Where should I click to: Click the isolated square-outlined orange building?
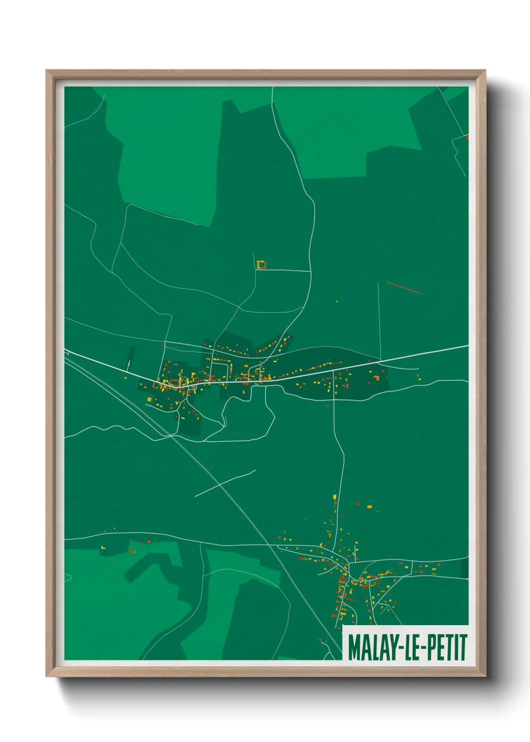[260, 264]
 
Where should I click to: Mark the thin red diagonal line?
[404, 288]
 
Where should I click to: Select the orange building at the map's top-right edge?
[467, 137]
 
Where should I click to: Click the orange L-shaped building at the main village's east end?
[376, 377]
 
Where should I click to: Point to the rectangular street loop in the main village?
[220, 370]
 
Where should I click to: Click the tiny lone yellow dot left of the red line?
[337, 301]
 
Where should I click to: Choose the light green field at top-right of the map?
[346, 130]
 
